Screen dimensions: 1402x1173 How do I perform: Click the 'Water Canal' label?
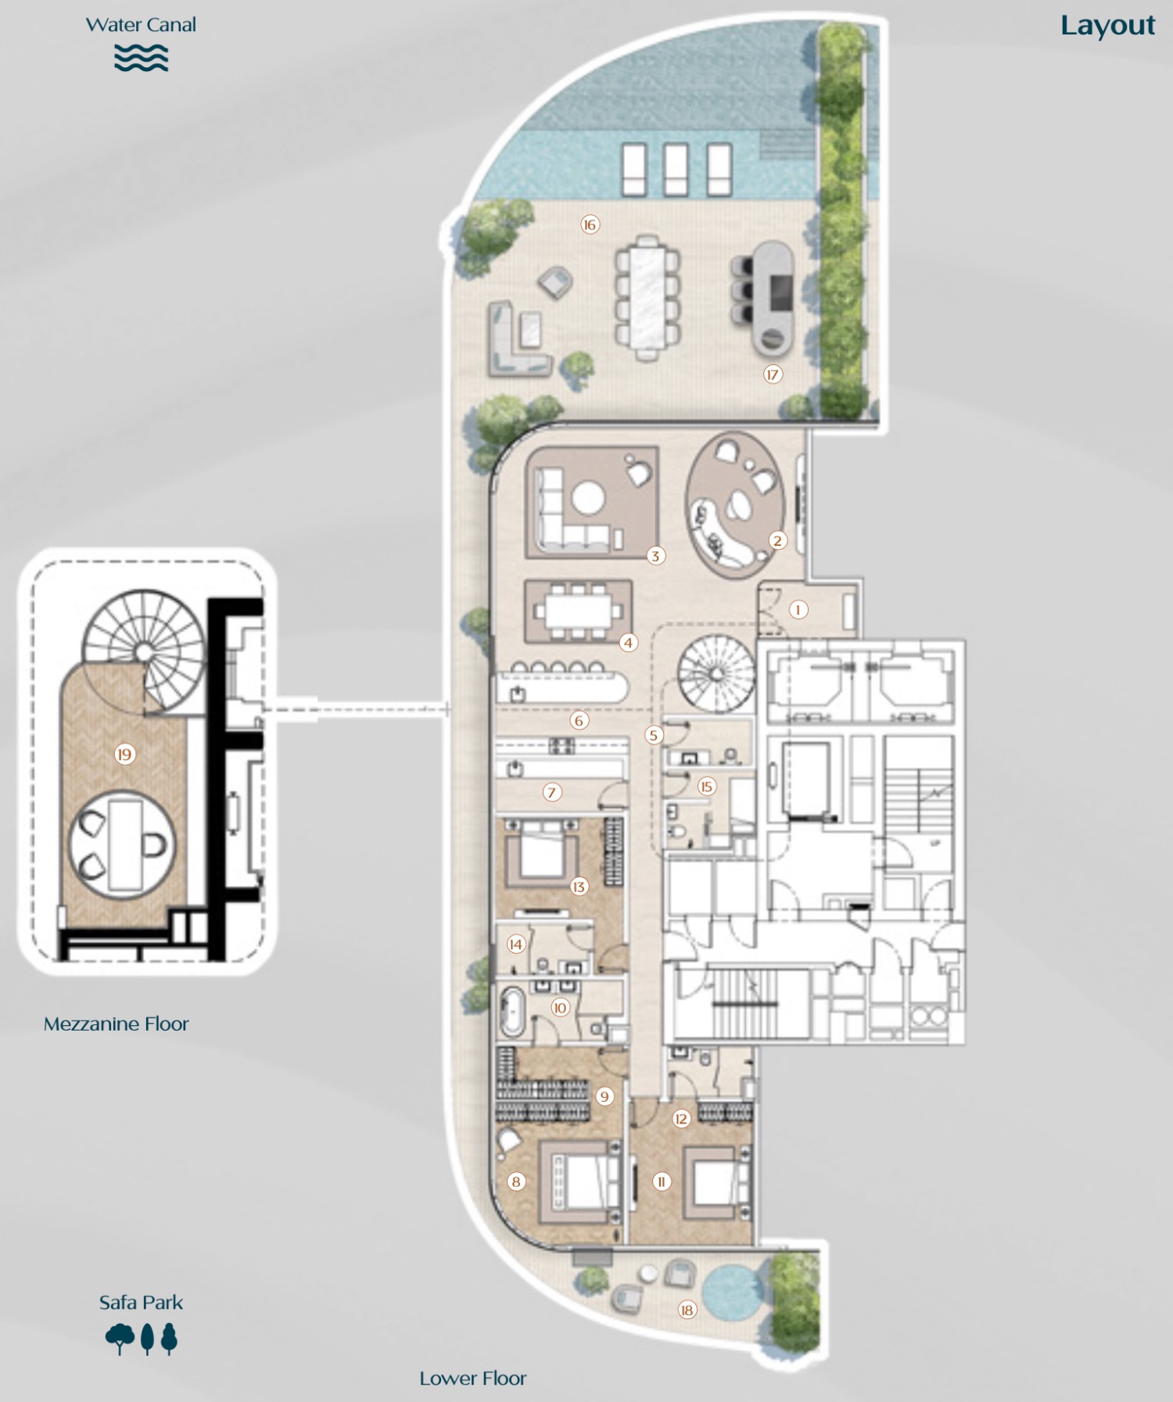coord(141,25)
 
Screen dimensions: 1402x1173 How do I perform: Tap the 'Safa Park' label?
coord(141,1303)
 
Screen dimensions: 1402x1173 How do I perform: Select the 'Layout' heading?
coord(1107,26)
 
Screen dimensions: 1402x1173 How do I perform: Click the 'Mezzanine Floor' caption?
coord(116,1024)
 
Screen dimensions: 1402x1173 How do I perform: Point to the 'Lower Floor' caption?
coord(472,1379)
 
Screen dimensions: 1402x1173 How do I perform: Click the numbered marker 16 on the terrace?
coord(590,225)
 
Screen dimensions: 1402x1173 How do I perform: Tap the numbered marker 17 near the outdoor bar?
coord(773,375)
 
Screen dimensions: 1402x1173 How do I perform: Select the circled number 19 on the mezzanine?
coord(124,755)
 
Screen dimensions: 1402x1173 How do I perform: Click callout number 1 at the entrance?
coord(798,610)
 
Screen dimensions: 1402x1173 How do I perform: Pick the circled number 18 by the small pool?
coord(687,1311)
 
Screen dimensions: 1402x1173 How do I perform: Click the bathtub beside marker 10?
coord(512,1012)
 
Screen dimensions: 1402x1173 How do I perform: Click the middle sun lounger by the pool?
coord(676,169)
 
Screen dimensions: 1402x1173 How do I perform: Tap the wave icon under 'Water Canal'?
coord(141,59)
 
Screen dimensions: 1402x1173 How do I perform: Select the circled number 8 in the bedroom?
coord(516,1181)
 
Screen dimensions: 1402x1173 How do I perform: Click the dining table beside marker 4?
coord(579,611)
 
